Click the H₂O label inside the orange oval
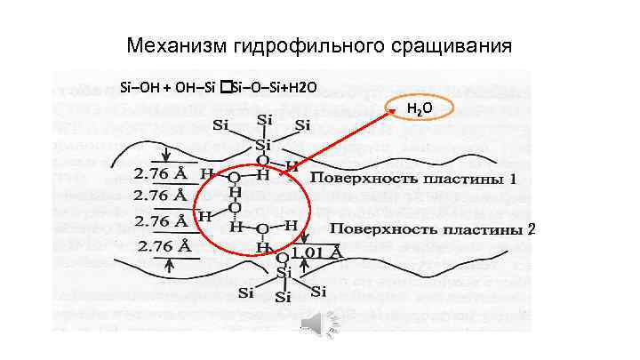tap(420, 109)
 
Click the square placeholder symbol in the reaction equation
tap(227, 86)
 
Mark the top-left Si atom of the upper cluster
tap(218, 124)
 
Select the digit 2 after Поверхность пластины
tap(532, 228)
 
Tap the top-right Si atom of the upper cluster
tap(303, 124)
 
